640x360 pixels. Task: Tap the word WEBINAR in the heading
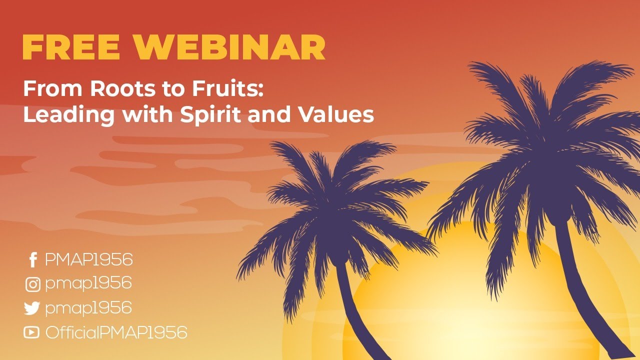pyautogui.click(x=229, y=48)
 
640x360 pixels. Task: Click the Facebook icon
pyautogui.click(x=32, y=260)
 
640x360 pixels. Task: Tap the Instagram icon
pyautogui.click(x=32, y=284)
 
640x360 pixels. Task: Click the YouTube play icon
pyautogui.click(x=31, y=332)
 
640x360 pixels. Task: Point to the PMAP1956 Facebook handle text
pyautogui.click(x=88, y=260)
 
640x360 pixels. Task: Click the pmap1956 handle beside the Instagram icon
pyautogui.click(x=88, y=284)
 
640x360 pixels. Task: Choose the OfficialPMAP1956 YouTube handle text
pyautogui.click(x=116, y=332)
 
